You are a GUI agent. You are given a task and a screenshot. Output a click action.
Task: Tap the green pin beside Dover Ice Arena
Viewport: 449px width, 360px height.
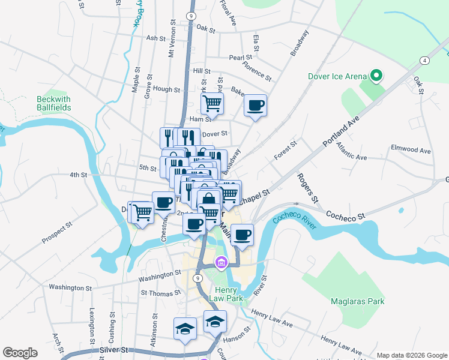[x=376, y=76]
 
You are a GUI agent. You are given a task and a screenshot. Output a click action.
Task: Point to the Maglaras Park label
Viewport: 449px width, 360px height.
[x=357, y=301]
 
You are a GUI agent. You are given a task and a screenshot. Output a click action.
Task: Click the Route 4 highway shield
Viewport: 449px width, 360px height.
[x=424, y=61]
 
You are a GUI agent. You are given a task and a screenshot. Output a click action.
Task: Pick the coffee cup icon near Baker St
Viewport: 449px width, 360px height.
[x=256, y=105]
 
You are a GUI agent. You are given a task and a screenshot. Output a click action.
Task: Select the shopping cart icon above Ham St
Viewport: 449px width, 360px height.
[x=212, y=103]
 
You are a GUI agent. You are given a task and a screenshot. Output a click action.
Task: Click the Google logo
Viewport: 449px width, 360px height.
[x=20, y=353]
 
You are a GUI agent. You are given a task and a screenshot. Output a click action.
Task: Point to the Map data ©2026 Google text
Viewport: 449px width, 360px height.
[x=412, y=355]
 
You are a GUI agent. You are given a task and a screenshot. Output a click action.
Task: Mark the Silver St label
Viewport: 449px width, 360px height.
[x=115, y=349]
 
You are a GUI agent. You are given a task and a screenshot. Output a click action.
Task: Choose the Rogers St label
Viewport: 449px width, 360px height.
[x=306, y=188]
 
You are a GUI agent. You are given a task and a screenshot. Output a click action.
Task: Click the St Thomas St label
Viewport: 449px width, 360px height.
[x=160, y=293]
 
